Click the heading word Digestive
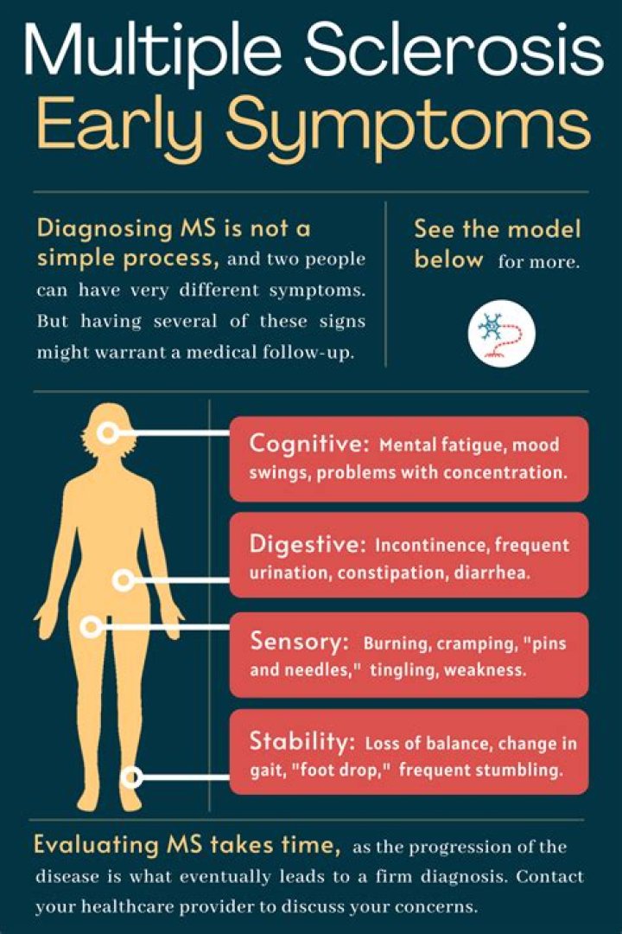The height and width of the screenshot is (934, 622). click(303, 544)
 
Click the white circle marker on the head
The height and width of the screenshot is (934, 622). click(107, 433)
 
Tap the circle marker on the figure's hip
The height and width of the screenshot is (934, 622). click(124, 580)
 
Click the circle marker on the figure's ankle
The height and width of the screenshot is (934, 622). click(130, 777)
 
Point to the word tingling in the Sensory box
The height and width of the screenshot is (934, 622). click(403, 670)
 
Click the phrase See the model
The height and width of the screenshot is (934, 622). click(497, 230)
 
